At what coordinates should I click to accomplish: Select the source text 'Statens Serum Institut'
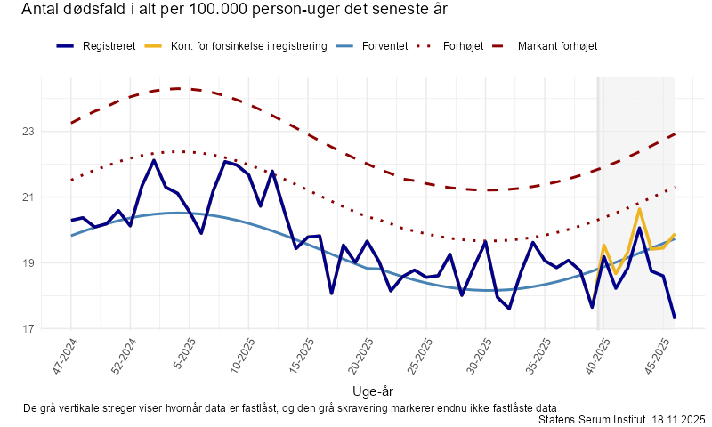click(x=593, y=419)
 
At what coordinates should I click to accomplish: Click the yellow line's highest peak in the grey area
click(x=639, y=209)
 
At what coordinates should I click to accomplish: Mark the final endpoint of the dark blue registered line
click(x=675, y=318)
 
